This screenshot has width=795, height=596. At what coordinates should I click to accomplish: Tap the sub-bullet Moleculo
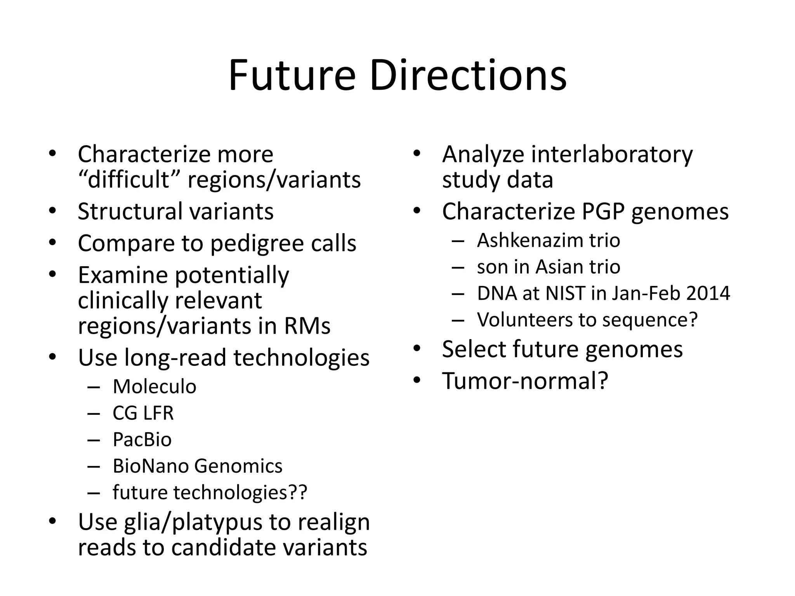[x=154, y=386]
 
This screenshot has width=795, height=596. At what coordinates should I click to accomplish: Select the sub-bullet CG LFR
[x=143, y=413]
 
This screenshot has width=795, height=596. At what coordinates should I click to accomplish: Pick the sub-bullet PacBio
[x=142, y=439]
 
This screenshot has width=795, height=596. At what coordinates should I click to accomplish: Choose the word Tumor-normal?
[x=525, y=381]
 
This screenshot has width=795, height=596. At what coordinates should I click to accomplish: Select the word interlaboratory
[x=611, y=154]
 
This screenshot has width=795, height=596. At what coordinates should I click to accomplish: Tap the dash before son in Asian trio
[x=458, y=267]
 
